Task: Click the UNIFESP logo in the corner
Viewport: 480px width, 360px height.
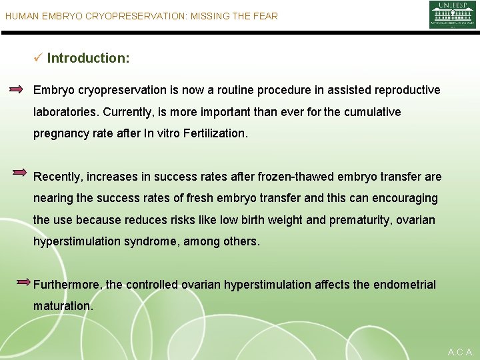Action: point(452,15)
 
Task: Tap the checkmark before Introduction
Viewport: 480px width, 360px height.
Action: point(38,58)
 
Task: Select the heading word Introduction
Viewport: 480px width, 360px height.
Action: point(88,58)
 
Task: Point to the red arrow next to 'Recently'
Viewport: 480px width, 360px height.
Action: point(20,172)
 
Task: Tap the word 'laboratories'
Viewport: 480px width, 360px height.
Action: point(65,112)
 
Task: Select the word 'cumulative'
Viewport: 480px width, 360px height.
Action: point(371,112)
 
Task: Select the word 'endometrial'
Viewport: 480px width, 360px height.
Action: point(404,285)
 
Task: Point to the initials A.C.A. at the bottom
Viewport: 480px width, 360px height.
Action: point(461,351)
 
